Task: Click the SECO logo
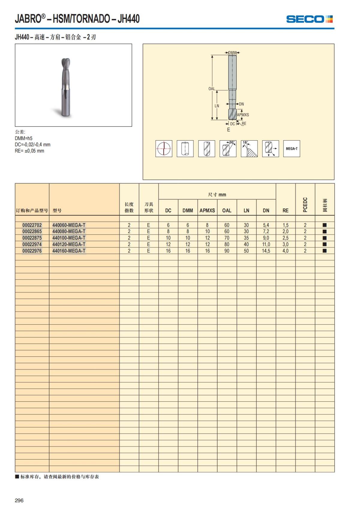coord(309,19)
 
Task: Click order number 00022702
coord(32,225)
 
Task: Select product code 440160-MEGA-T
coord(69,251)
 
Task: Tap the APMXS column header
coord(207,211)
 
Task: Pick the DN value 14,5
coord(266,251)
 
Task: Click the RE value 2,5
coord(285,238)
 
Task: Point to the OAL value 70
coord(227,238)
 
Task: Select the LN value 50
coord(246,251)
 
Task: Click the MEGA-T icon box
coord(292,148)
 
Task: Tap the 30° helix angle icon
coord(228,148)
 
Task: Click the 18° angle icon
coord(249,148)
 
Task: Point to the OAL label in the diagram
coord(211,89)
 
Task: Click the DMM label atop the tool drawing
coord(232,53)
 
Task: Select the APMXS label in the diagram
coord(243,115)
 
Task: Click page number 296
coord(19,500)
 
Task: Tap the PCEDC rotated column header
coord(305,205)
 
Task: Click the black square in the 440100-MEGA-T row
coord(324,238)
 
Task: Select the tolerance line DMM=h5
coord(24,138)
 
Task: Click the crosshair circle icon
coord(164,148)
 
